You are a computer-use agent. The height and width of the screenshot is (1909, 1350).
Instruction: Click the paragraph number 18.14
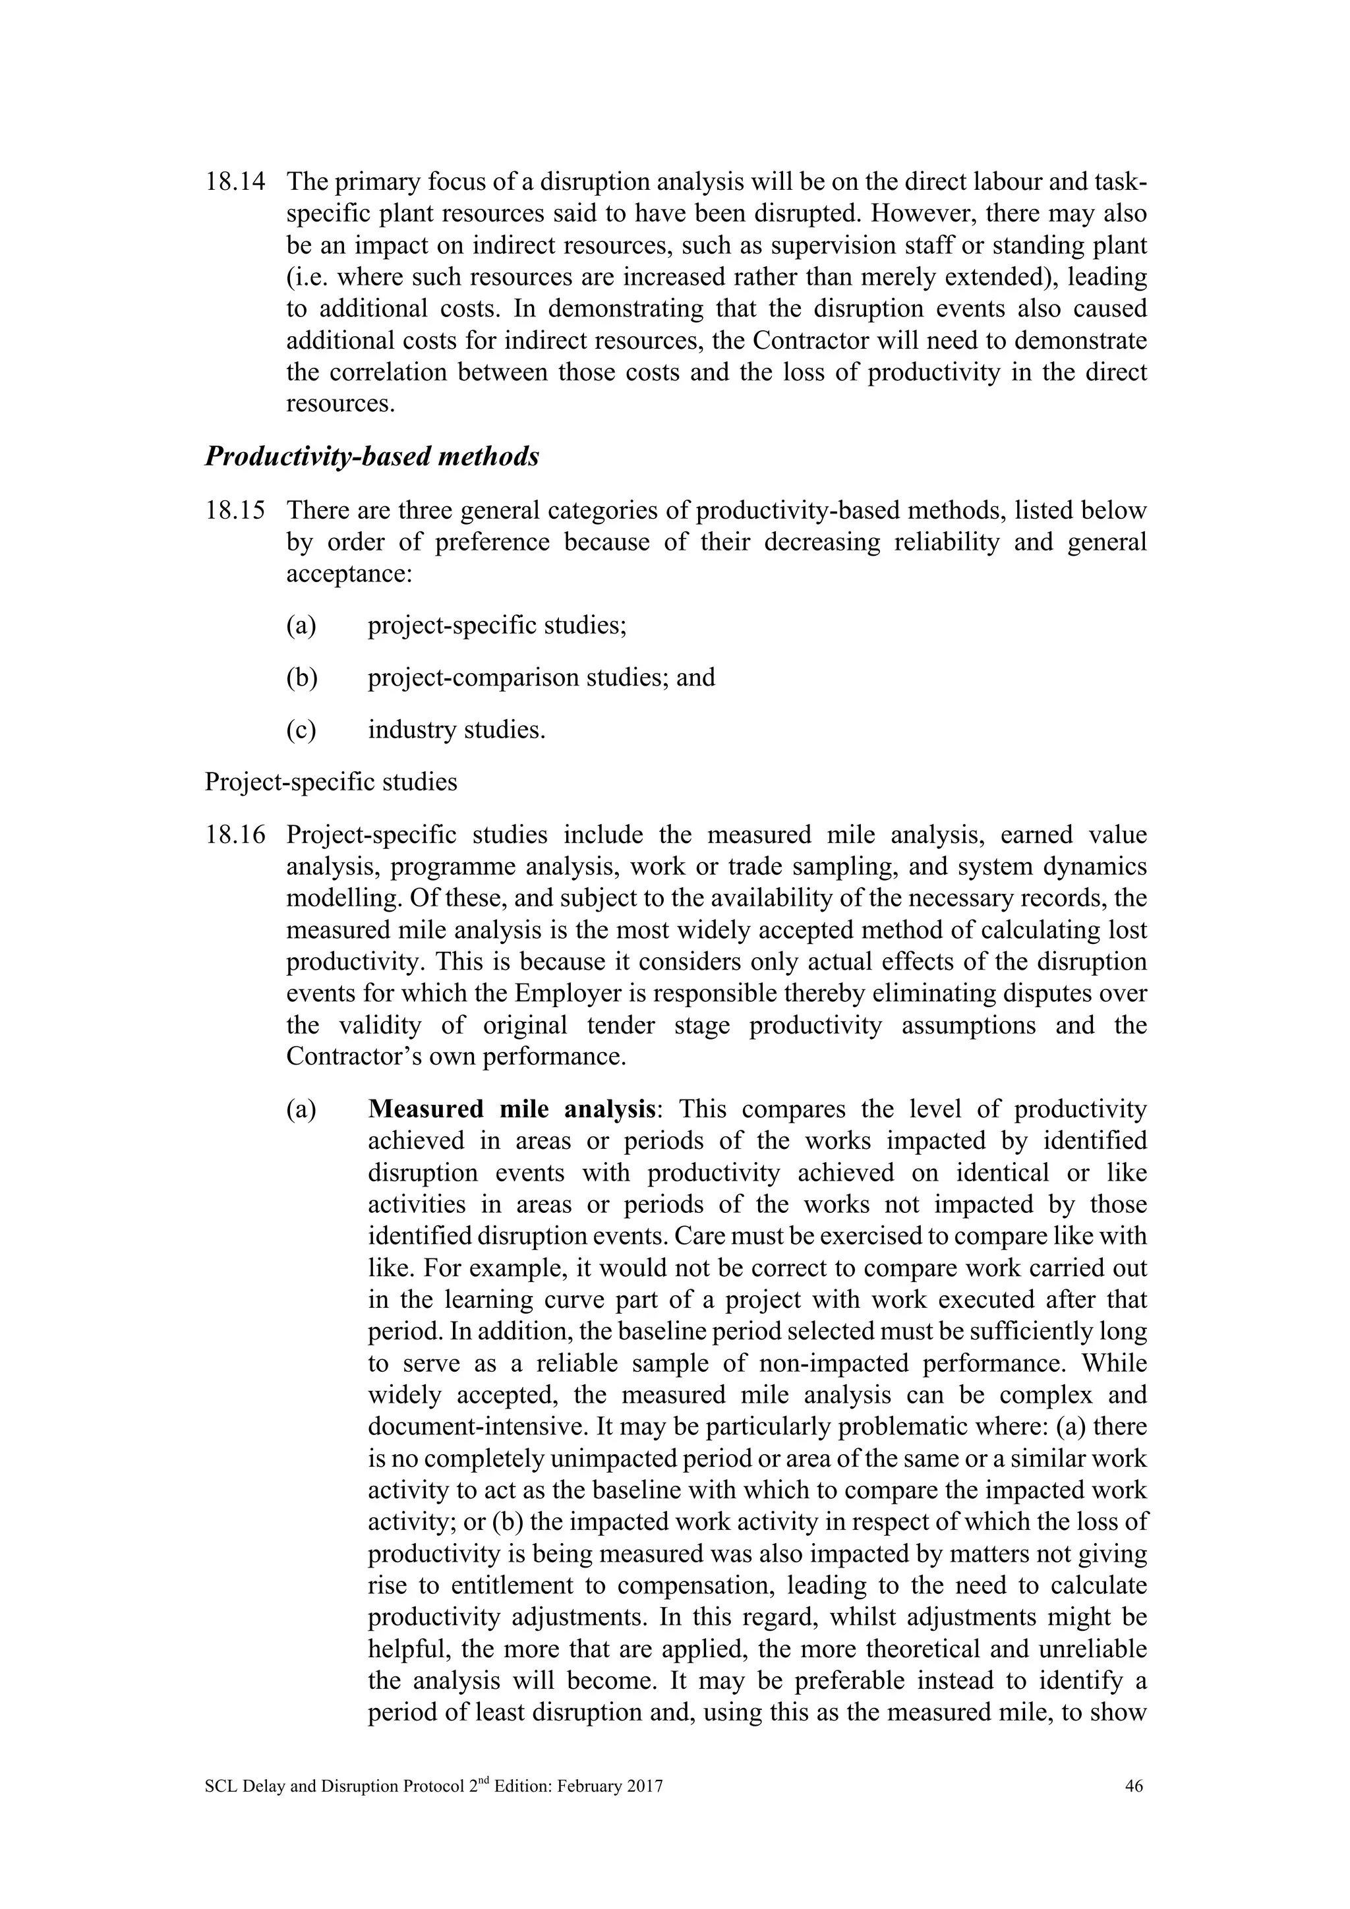click(235, 182)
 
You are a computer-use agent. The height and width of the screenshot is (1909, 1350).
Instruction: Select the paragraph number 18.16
click(235, 835)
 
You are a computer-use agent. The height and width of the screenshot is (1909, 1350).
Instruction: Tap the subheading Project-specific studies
click(331, 782)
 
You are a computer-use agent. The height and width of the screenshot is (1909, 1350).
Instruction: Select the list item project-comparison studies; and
click(541, 678)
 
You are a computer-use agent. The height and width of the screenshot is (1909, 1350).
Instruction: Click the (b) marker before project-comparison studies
click(302, 678)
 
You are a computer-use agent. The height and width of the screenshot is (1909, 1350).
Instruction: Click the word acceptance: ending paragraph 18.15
click(349, 573)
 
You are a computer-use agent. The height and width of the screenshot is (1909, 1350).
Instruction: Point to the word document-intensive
click(478, 1426)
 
